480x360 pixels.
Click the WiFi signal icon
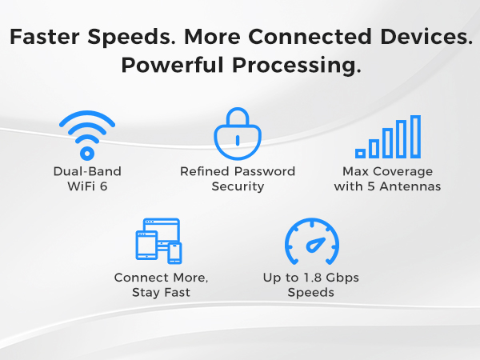pos(87,135)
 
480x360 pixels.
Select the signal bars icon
pos(388,137)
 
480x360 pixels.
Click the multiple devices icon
pos(159,241)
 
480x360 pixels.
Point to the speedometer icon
pos(311,242)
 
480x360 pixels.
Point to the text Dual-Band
pos(86,171)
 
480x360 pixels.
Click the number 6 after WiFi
pos(105,186)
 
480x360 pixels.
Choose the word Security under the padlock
pos(238,186)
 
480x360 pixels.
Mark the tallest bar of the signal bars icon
pos(414,136)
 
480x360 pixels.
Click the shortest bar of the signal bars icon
pos(361,151)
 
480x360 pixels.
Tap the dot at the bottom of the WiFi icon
pos(87,153)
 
